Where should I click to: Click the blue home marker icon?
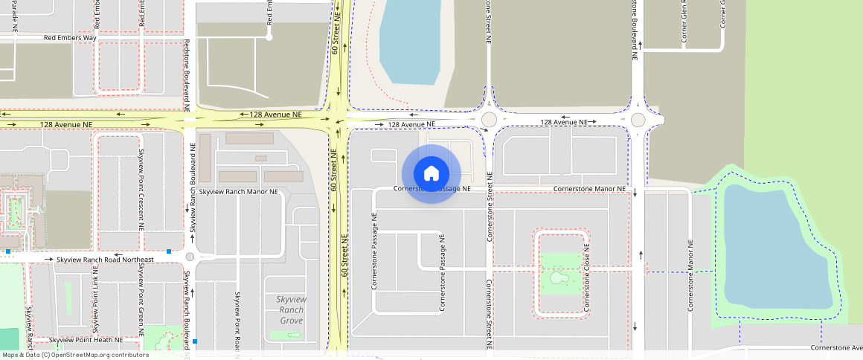pyautogui.click(x=431, y=174)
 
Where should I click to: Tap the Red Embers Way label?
pyautogui.click(x=70, y=37)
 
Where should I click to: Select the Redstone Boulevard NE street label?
pyautogui.click(x=186, y=71)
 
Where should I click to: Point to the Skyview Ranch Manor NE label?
pyautogui.click(x=243, y=192)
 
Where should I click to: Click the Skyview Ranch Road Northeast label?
pyautogui.click(x=105, y=260)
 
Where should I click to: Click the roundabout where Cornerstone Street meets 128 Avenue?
pyautogui.click(x=489, y=120)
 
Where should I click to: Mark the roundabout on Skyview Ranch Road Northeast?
pyautogui.click(x=190, y=257)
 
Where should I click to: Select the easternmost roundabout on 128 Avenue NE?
pyautogui.click(x=638, y=120)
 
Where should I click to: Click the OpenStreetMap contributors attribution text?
pyautogui.click(x=76, y=355)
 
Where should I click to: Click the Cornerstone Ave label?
pyautogui.click(x=835, y=347)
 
